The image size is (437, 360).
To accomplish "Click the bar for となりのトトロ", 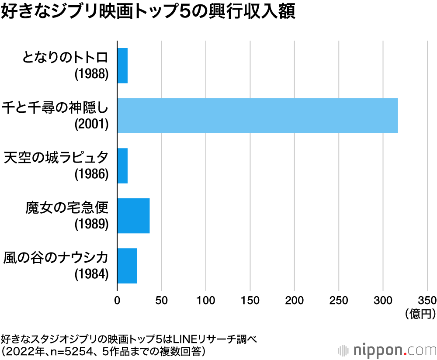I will (122, 66).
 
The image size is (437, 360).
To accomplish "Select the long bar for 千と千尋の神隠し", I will (257, 115).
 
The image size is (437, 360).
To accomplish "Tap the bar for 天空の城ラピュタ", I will (122, 166).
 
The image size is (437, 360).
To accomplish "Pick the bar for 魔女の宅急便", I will (133, 216).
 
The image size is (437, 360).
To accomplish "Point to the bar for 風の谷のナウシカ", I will (127, 266).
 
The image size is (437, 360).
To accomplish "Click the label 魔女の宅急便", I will (67, 206).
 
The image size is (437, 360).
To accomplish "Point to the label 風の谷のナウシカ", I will (55, 256).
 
